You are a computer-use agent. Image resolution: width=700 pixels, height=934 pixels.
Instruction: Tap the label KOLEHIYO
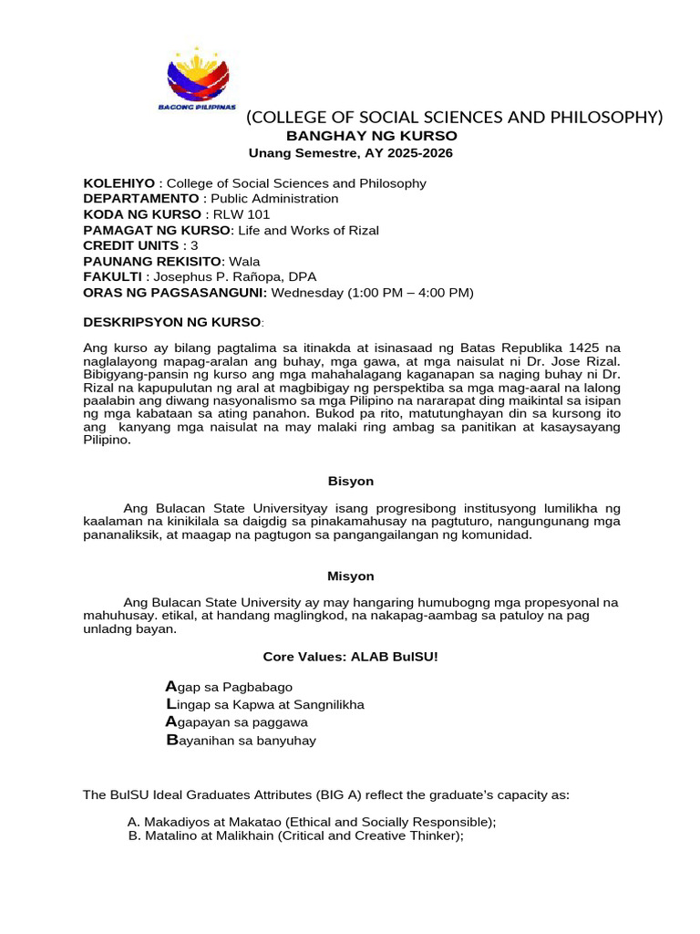pos(118,183)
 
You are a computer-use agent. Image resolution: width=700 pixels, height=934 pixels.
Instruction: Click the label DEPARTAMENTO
pos(141,199)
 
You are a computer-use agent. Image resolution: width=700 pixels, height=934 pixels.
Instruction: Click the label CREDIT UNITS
pos(131,245)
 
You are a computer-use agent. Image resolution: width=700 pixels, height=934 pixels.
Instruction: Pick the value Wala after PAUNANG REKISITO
pos(243,261)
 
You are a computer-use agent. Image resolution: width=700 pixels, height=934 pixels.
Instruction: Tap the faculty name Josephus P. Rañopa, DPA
pos(237,276)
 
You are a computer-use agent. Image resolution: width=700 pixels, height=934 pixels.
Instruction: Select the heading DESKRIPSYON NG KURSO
pos(171,323)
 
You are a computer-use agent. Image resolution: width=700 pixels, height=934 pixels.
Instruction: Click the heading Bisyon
pos(350,481)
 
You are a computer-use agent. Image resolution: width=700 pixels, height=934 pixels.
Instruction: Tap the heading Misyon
pos(350,576)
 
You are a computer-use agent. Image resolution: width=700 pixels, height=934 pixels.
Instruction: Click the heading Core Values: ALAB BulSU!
pos(350,657)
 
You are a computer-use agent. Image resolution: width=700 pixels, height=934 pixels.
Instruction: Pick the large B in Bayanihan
pos(171,740)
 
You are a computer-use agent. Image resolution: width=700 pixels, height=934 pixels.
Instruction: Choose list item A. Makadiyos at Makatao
pos(312,822)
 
